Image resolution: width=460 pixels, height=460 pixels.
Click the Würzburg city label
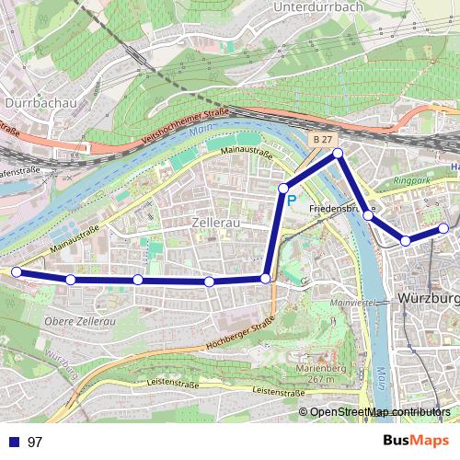[428, 299]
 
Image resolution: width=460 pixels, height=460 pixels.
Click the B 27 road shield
[319, 139]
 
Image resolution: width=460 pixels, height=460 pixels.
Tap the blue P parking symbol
[292, 199]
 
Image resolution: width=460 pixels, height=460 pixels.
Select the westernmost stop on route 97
[15, 271]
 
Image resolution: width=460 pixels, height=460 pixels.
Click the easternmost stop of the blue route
[443, 227]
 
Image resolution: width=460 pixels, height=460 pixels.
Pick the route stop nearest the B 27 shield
[338, 153]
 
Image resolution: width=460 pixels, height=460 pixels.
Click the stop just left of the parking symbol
[283, 188]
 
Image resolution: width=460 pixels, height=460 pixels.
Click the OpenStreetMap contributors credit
[380, 411]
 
